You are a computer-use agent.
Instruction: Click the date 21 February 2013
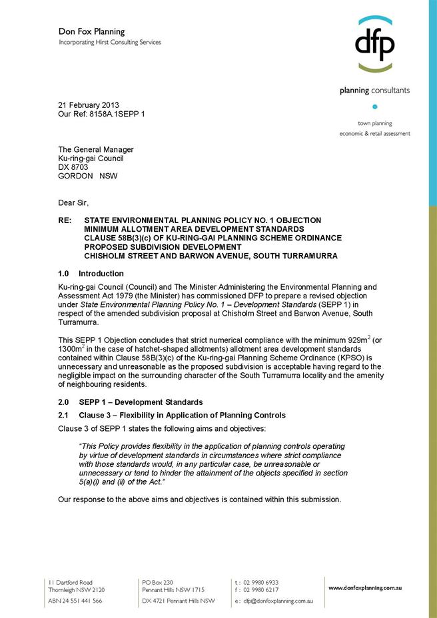[x=89, y=105]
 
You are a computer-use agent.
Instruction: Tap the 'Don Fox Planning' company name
[x=91, y=31]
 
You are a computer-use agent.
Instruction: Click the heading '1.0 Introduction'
[x=91, y=274]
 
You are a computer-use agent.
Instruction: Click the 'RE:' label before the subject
[x=65, y=220]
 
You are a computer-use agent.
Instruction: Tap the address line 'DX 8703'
[x=73, y=167]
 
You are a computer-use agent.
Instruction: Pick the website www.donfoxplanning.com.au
[x=365, y=588]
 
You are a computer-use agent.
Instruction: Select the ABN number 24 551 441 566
[x=75, y=601]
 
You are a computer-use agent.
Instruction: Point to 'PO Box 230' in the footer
[x=157, y=582]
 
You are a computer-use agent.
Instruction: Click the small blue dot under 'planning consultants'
[x=374, y=107]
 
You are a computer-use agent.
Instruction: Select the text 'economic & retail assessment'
[x=374, y=134]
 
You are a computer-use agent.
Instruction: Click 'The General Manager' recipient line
[x=95, y=150]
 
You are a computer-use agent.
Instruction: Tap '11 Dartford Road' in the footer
[x=70, y=582]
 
